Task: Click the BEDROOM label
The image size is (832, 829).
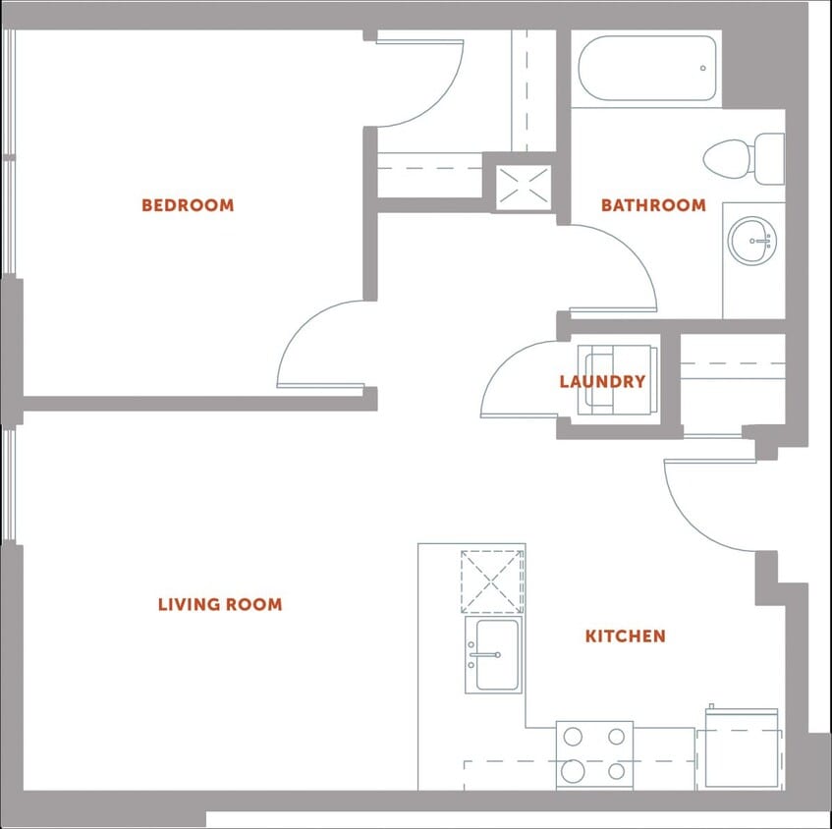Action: click(188, 205)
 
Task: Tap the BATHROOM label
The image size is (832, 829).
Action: click(653, 205)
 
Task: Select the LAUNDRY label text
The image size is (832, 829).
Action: click(602, 381)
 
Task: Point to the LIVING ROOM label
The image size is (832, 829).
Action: click(220, 604)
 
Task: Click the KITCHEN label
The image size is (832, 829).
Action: click(626, 636)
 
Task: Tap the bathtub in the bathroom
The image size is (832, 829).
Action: click(647, 69)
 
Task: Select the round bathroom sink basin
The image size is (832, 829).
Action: click(753, 240)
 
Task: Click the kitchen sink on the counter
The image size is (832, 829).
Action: click(493, 655)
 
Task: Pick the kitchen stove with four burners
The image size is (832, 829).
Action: click(594, 753)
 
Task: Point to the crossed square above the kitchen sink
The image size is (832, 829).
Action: click(493, 582)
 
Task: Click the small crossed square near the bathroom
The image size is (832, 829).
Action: click(524, 187)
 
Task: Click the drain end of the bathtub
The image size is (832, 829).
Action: click(702, 68)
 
